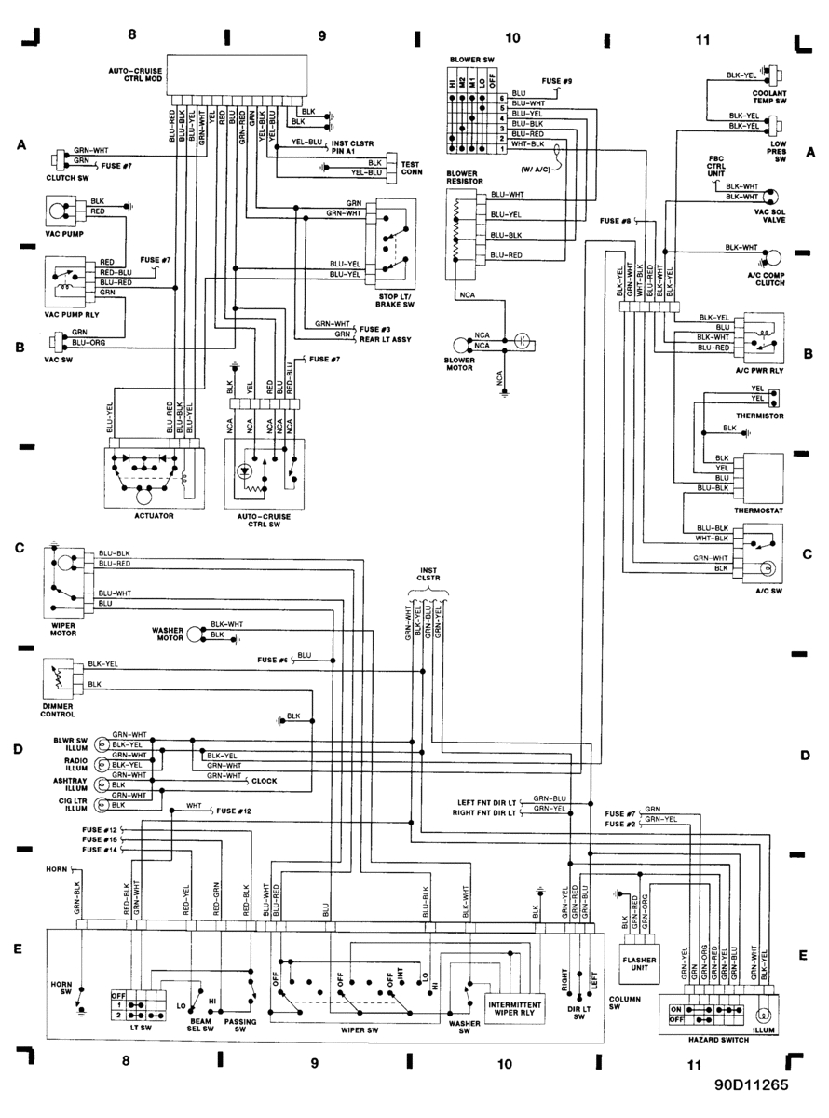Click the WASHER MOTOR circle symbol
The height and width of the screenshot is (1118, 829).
coord(193,633)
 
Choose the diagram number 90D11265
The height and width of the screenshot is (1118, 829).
coord(752,1084)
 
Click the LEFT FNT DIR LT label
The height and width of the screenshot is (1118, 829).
coord(487,800)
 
